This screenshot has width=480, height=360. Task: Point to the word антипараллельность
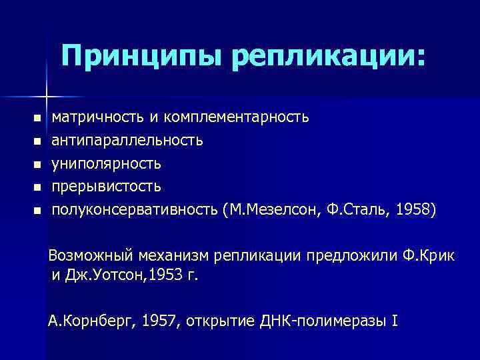pyautogui.click(x=127, y=141)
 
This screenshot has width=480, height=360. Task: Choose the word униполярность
pyautogui.click(x=107, y=163)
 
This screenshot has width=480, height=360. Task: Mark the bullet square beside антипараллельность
pyautogui.click(x=37, y=141)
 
